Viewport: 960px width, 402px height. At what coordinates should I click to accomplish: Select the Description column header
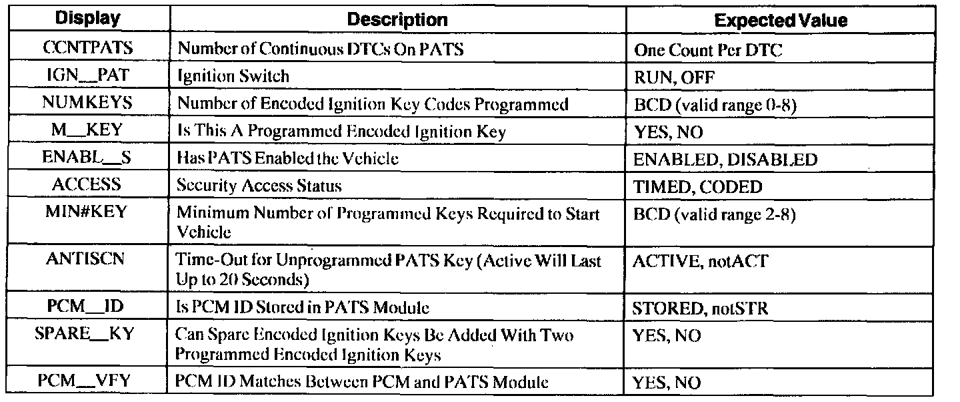point(398,20)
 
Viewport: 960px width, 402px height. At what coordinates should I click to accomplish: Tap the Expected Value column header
point(781,21)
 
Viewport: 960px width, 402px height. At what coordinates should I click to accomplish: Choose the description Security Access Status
point(259,186)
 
